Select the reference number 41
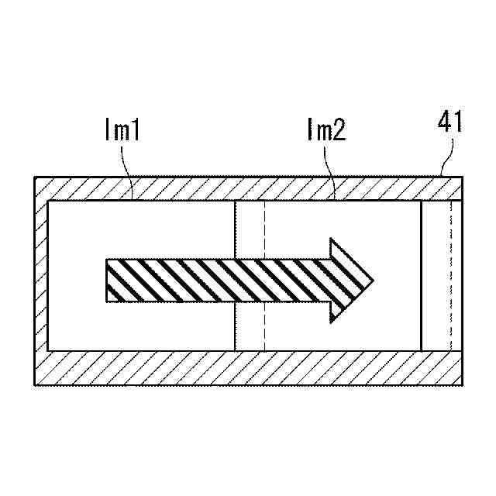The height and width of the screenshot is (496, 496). tap(450, 122)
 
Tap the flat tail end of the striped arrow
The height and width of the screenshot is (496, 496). tap(107, 280)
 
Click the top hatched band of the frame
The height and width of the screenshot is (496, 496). tap(248, 189)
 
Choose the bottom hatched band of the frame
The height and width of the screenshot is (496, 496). tap(248, 367)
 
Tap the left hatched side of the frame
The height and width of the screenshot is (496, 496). tap(42, 280)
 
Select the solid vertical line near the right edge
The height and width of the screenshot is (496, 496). tap(422, 275)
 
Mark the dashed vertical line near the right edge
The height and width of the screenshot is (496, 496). tap(450, 275)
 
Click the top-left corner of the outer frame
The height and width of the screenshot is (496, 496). tap(36, 177)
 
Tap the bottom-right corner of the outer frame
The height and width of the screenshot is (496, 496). tap(463, 384)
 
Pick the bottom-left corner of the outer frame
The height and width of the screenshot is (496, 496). tap(36, 384)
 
